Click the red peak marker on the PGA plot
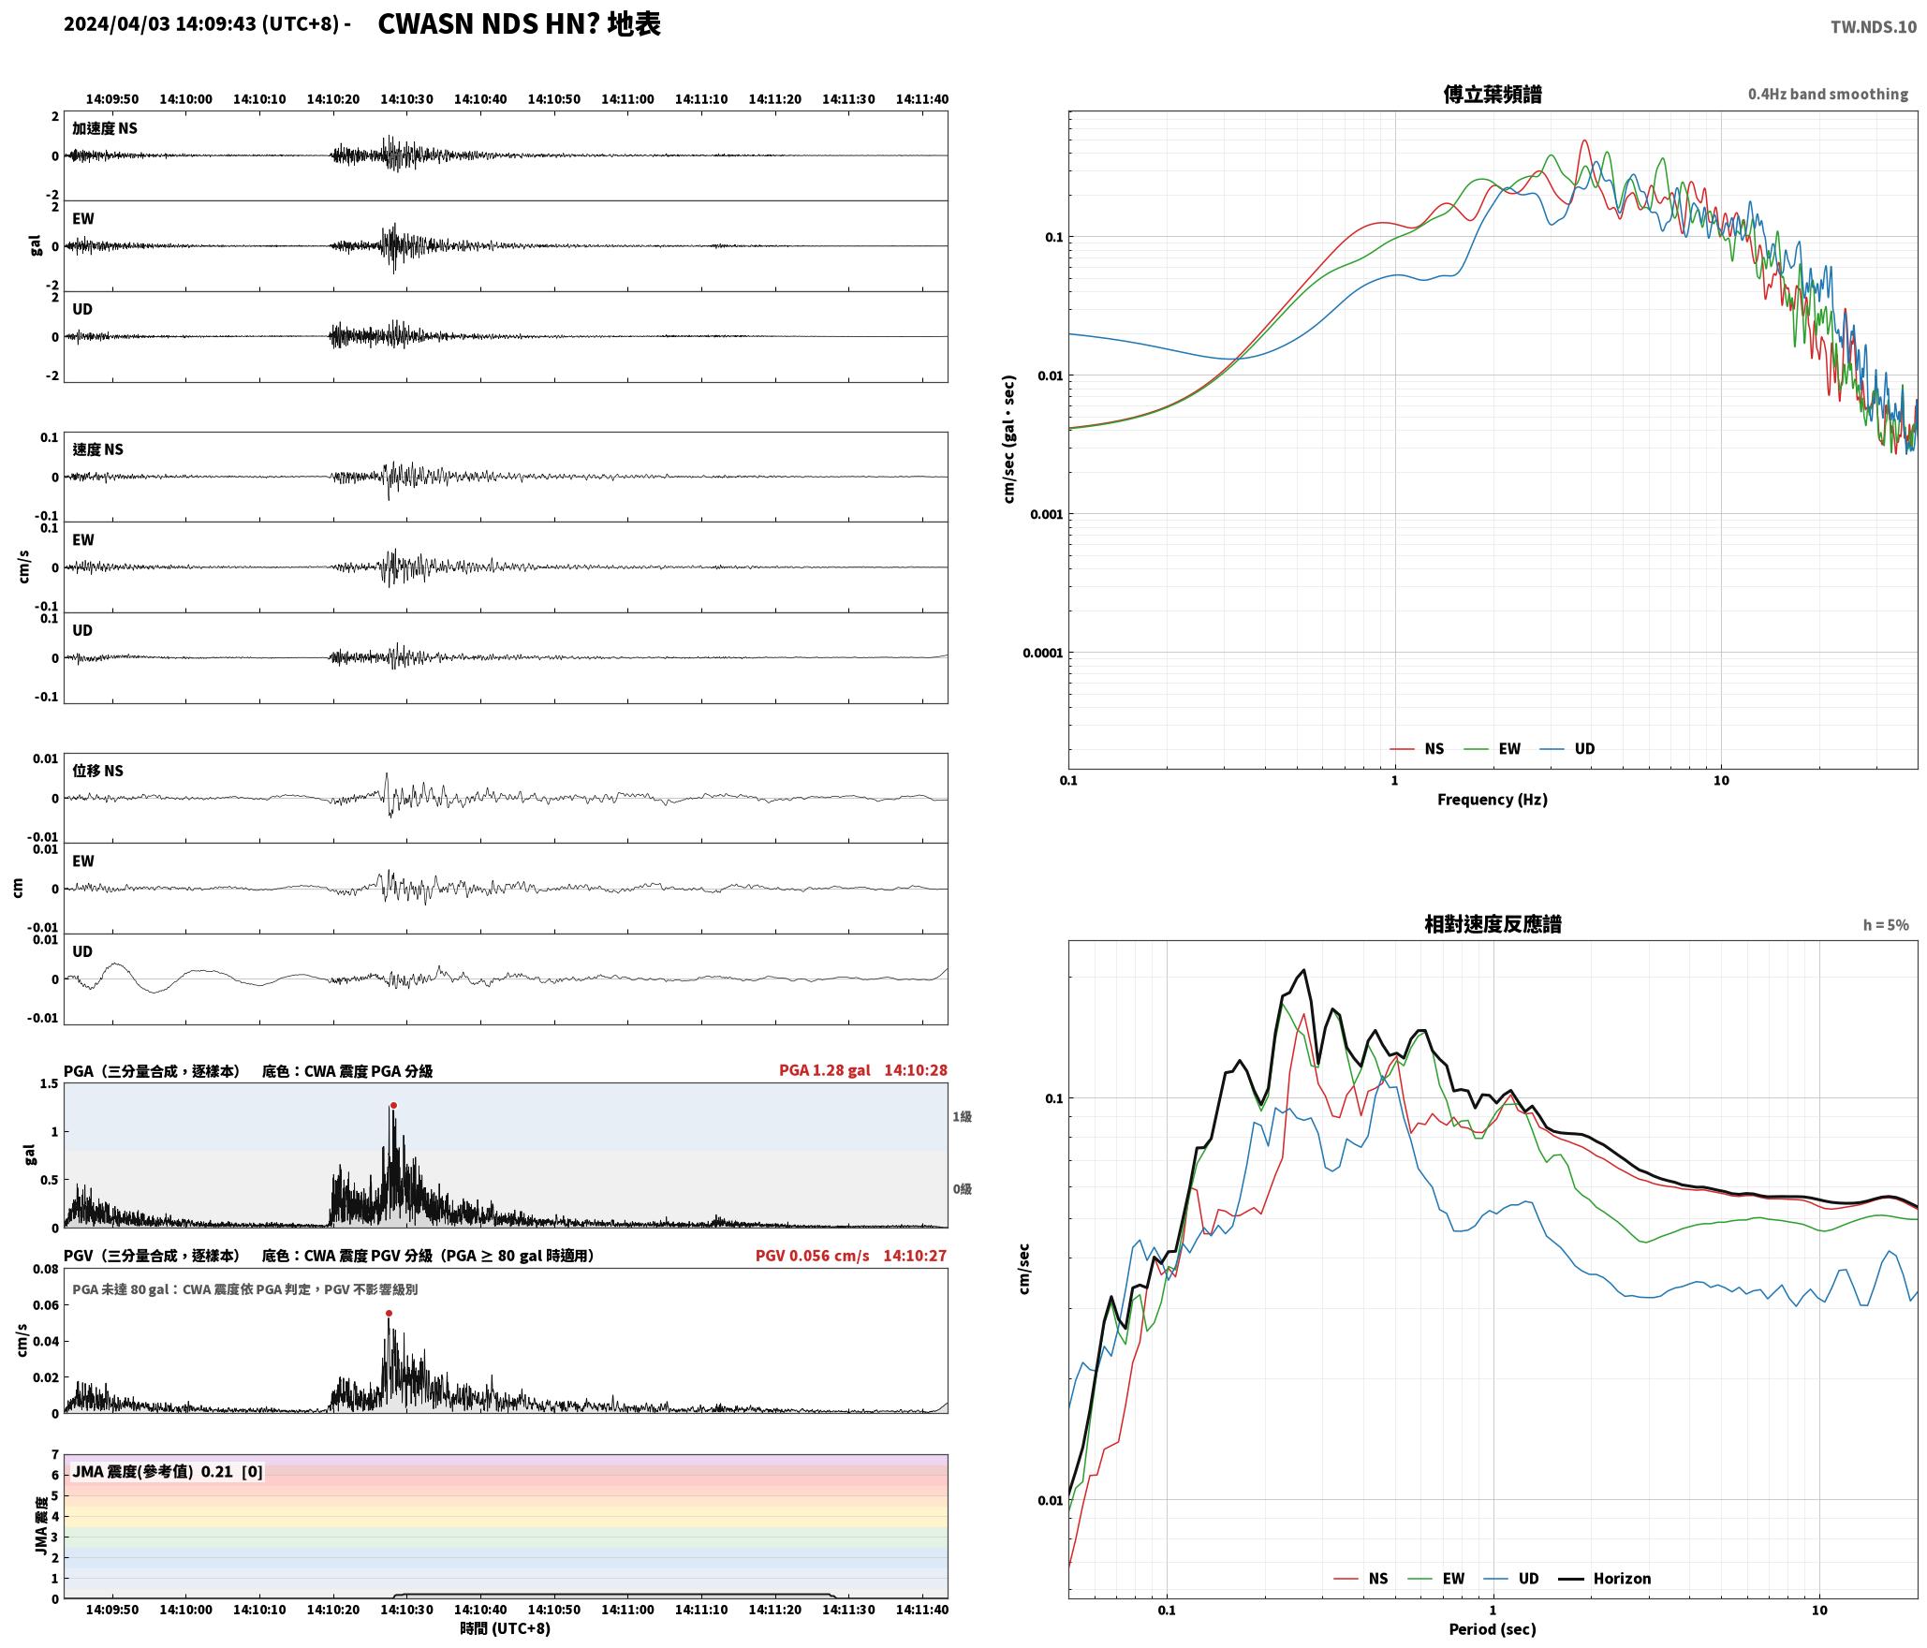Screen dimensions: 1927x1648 point(393,1106)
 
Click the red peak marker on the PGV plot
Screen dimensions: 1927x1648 point(389,1314)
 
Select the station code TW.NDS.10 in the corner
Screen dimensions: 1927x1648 point(1874,27)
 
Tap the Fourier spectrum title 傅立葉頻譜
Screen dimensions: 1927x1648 point(1493,95)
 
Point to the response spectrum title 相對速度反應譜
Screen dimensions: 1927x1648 point(1493,924)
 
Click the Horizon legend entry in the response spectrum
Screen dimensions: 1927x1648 point(1622,1579)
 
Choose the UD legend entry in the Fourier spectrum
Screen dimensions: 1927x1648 point(1584,749)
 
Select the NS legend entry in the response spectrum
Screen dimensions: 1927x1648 point(1377,1579)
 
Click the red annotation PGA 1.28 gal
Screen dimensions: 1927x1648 point(824,1070)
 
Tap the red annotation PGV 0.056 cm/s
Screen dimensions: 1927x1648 point(812,1256)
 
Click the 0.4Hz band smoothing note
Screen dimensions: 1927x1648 point(1828,95)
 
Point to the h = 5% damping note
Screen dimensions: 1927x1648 point(1886,925)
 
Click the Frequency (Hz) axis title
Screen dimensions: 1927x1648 point(1493,800)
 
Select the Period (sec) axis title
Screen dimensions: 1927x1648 point(1493,1629)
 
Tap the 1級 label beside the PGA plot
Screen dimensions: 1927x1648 point(963,1117)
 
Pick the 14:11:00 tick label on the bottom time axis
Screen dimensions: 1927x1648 point(627,1610)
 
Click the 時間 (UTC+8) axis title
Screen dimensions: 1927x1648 point(506,1628)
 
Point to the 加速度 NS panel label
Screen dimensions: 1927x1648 point(105,128)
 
